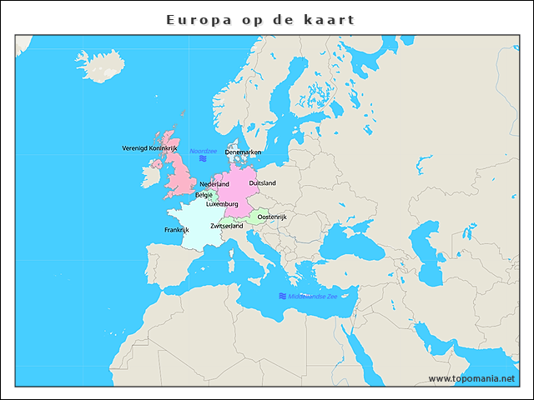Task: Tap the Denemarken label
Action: click(x=243, y=152)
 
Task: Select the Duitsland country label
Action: click(x=262, y=183)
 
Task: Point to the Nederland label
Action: click(x=214, y=184)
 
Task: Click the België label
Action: click(x=204, y=195)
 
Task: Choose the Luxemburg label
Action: click(x=222, y=203)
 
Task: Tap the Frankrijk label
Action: click(x=177, y=229)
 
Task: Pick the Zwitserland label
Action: click(x=226, y=226)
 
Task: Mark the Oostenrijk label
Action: click(x=272, y=217)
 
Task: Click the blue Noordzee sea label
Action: click(x=203, y=151)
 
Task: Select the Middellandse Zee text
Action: click(x=313, y=296)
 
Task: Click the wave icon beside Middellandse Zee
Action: click(x=283, y=296)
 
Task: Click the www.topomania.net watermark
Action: click(x=471, y=378)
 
